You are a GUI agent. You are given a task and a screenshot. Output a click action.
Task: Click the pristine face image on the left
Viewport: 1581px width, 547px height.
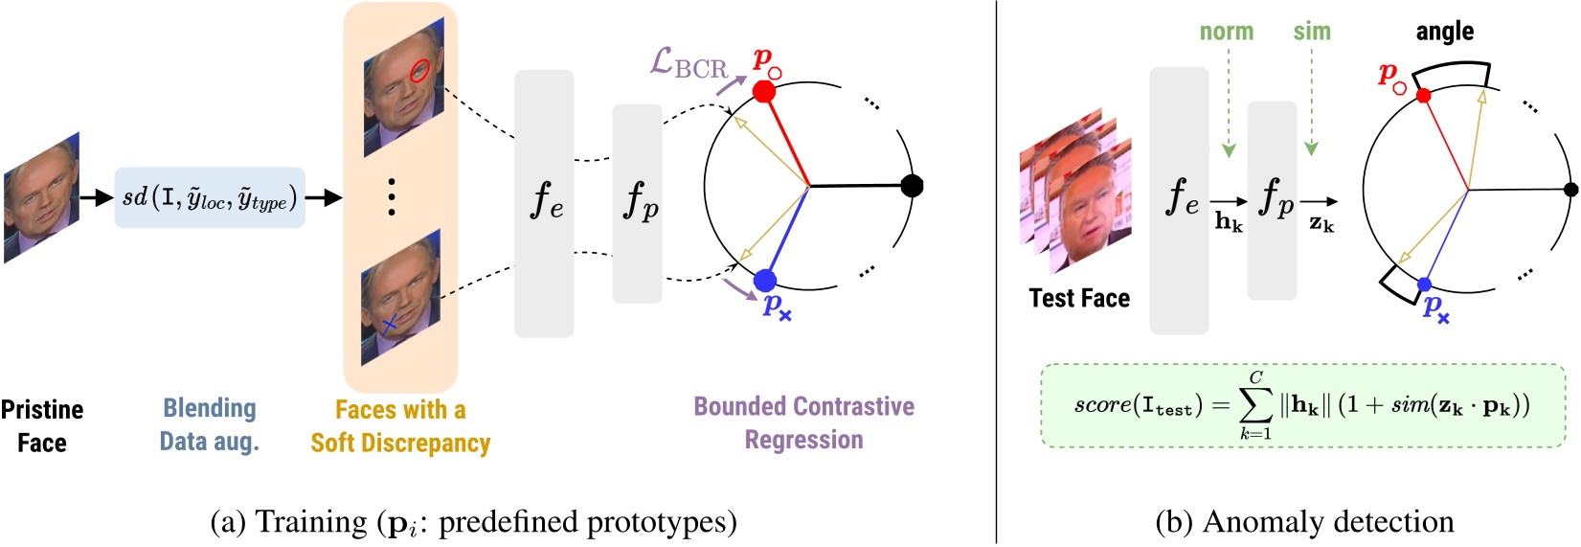click(x=41, y=198)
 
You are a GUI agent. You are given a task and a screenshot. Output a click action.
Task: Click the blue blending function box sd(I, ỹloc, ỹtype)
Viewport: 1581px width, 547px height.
click(x=210, y=198)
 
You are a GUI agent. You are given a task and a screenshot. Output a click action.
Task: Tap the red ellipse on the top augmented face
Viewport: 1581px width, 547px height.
click(x=418, y=70)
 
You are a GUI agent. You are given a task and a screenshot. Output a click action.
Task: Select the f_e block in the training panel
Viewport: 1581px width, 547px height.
click(x=544, y=203)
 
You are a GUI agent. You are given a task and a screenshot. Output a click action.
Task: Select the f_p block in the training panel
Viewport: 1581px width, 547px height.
click(x=638, y=203)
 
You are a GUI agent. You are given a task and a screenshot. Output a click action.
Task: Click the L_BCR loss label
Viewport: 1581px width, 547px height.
click(x=688, y=64)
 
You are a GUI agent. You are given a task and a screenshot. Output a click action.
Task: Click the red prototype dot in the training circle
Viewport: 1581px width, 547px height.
click(x=764, y=92)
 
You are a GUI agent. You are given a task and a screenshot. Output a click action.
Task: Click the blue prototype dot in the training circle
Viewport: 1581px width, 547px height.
click(x=764, y=281)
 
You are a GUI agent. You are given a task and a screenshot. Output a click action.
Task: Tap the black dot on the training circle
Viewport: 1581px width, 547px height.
click(x=912, y=186)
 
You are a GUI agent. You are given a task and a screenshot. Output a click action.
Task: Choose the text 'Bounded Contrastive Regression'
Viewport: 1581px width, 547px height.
click(x=803, y=422)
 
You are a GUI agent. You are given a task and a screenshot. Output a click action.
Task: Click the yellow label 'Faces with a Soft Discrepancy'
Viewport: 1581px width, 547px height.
click(x=400, y=426)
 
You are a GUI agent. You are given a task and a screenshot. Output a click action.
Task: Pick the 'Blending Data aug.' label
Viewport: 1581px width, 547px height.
click(x=210, y=424)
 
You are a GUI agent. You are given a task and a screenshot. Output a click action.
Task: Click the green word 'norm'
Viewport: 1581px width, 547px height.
click(x=1227, y=32)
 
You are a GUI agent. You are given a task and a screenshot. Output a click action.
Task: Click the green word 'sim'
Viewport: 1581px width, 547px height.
click(x=1311, y=32)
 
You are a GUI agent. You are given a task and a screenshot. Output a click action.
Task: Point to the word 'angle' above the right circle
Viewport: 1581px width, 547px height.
click(x=1444, y=32)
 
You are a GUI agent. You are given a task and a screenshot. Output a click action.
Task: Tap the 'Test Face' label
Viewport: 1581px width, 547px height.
click(x=1079, y=299)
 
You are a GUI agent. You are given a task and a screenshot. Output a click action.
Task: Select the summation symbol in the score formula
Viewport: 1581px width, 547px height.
click(x=1255, y=405)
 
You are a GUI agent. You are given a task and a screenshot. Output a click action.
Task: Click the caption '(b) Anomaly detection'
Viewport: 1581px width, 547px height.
click(x=1304, y=522)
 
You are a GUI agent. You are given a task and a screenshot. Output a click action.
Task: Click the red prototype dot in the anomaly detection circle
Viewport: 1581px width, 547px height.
click(x=1423, y=96)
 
